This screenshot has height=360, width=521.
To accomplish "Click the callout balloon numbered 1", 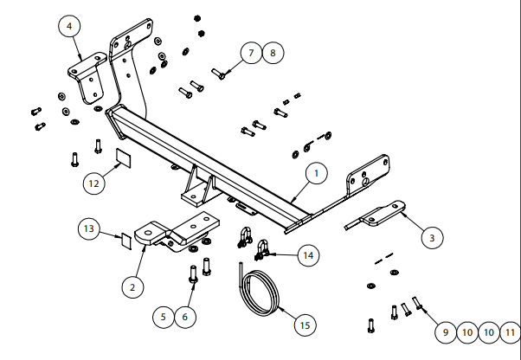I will pos(316,174).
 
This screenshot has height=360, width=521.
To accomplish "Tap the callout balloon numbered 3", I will pos(433,236).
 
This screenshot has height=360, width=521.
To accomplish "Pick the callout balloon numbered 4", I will pos(69,27).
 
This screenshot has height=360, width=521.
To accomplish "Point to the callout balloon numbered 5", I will pos(163,318).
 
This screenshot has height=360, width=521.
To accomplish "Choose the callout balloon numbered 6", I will pos(184,318).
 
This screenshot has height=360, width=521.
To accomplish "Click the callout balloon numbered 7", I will pos(251,54).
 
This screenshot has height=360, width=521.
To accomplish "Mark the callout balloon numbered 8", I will pos(272,54).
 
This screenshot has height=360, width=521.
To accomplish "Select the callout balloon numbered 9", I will pos(444,331).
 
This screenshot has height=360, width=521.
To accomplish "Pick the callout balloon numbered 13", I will pos(89,228).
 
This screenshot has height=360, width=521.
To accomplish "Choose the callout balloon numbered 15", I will pos(303,325).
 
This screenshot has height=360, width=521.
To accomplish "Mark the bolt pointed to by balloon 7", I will pos(218,74).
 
